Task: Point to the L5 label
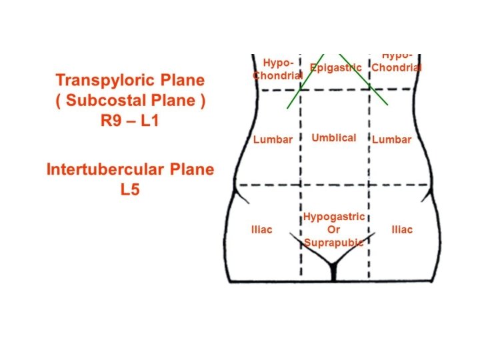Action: click(x=130, y=190)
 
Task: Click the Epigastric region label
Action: click(x=336, y=68)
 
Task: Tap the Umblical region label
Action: click(x=334, y=138)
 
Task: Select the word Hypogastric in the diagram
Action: click(x=334, y=217)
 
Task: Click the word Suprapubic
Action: click(x=334, y=243)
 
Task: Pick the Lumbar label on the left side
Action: click(x=273, y=140)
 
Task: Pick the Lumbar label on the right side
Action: click(x=392, y=140)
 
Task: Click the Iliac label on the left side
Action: click(x=261, y=230)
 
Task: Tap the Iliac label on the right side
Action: click(x=401, y=230)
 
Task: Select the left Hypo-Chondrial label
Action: click(x=277, y=69)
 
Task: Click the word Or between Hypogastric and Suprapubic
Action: click(x=333, y=230)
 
